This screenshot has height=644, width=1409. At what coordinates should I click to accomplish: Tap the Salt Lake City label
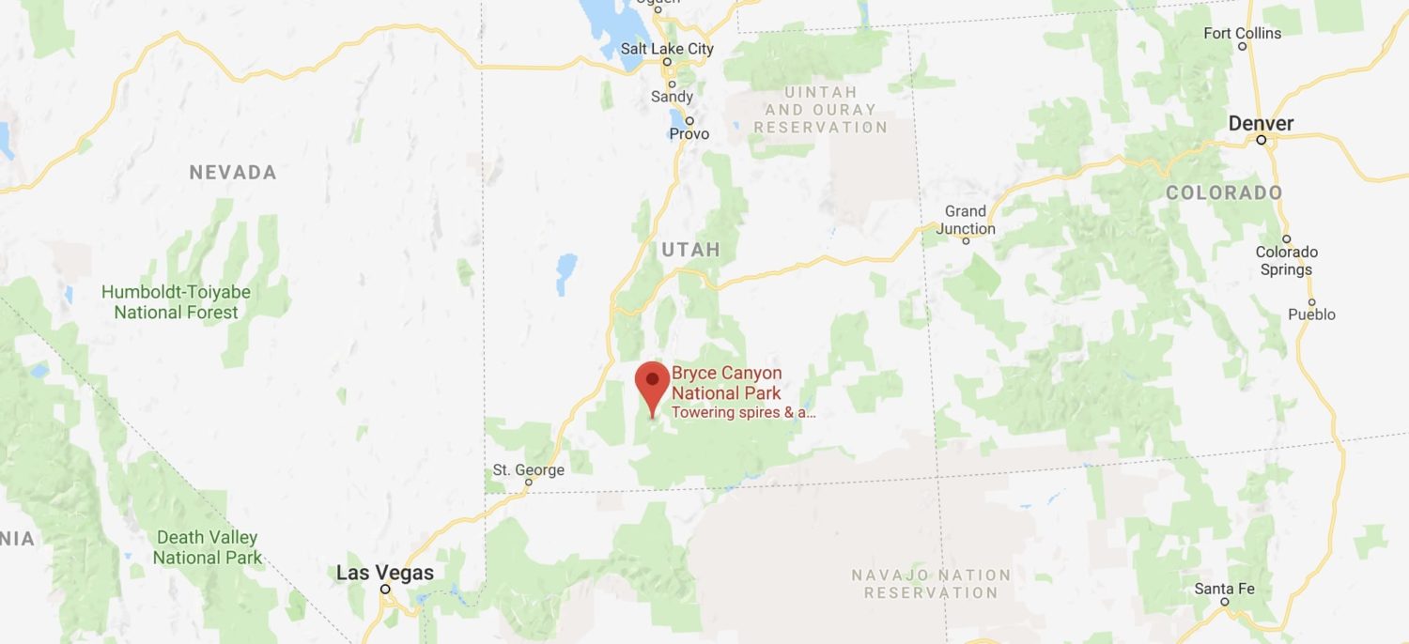tap(667, 49)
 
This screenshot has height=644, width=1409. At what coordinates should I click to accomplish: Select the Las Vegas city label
tap(385, 573)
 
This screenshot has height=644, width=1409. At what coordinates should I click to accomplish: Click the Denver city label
tap(1261, 124)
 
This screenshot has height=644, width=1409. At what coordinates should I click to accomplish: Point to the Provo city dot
tap(689, 120)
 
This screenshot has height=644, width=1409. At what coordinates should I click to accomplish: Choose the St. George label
tap(528, 469)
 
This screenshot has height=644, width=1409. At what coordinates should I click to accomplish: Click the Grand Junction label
tap(965, 220)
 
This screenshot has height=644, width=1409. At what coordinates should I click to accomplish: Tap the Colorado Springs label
tap(1286, 260)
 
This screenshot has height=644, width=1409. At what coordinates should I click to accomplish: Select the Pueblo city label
tap(1311, 314)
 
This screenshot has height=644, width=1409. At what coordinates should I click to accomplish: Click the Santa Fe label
tap(1224, 589)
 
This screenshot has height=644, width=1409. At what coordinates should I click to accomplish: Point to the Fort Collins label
tap(1242, 34)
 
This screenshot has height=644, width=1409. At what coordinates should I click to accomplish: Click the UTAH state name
tap(690, 250)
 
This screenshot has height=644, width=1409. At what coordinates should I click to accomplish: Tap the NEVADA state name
tap(233, 173)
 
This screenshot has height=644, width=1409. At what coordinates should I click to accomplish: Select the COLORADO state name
tap(1224, 193)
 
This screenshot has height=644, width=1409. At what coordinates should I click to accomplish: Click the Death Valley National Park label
tap(207, 547)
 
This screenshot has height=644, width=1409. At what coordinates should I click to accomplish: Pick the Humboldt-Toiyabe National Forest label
tap(176, 301)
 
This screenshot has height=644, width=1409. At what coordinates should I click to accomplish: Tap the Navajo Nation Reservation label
tap(931, 583)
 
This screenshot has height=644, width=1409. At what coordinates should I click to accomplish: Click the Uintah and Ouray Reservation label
tap(820, 109)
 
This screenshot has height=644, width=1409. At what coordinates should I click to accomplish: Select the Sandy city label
tap(672, 96)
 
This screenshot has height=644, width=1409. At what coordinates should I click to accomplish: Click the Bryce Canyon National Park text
tap(726, 383)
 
